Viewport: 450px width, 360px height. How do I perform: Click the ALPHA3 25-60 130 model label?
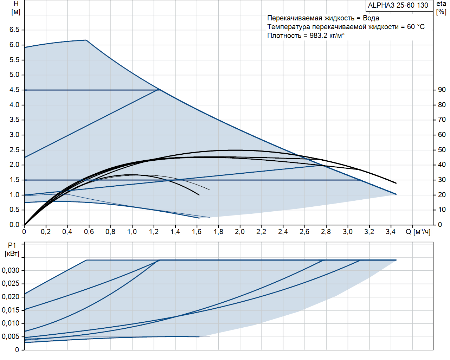[x=398, y=5]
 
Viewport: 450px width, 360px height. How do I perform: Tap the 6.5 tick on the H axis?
[x=14, y=30]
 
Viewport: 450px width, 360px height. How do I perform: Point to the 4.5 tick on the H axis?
[x=14, y=90]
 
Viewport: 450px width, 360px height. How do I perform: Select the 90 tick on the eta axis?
[x=442, y=90]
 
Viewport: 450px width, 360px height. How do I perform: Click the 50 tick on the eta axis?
[x=442, y=150]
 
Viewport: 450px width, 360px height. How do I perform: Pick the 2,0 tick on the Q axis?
[x=240, y=232]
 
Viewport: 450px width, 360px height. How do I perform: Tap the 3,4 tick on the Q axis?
[x=391, y=232]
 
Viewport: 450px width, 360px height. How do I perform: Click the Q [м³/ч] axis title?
[x=418, y=232]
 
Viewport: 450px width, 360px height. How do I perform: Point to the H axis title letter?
[x=16, y=4]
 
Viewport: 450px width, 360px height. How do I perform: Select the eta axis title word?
[x=441, y=4]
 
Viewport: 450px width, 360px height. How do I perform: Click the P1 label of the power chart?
[x=12, y=246]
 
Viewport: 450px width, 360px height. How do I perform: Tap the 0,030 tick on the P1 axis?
[x=11, y=270]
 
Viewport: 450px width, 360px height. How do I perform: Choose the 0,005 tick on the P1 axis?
[x=11, y=336]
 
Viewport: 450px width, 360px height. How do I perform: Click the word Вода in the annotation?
[x=371, y=18]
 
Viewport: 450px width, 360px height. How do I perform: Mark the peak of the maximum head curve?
[x=86, y=40]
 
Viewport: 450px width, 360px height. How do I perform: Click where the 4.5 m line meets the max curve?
[x=159, y=90]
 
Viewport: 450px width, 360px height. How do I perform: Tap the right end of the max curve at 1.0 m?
[x=396, y=194]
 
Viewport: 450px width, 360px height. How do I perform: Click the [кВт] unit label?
[x=12, y=254]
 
